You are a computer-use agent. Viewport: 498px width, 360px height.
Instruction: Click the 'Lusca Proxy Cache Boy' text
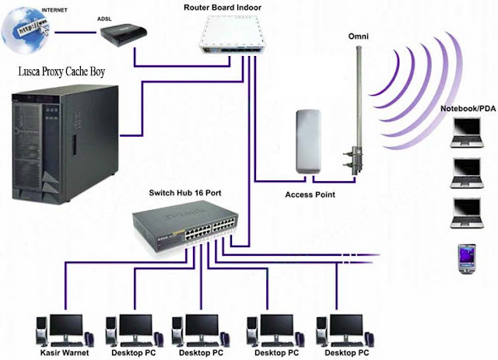pyautogui.click(x=61, y=73)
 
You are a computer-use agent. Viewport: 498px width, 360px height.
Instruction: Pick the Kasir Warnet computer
pyautogui.click(x=64, y=330)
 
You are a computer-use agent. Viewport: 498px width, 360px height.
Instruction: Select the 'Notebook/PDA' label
pyautogui.click(x=466, y=108)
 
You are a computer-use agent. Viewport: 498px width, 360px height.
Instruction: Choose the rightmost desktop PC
pyautogui.click(x=340, y=330)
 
